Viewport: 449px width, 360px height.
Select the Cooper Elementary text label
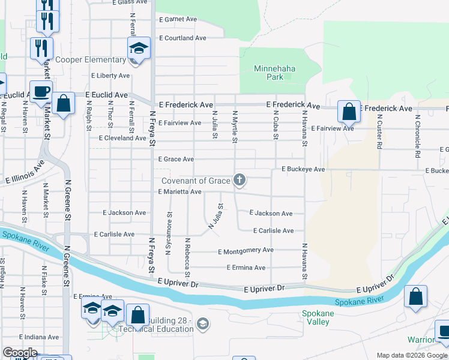(x=90, y=60)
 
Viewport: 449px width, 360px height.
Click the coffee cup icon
(x=41, y=91)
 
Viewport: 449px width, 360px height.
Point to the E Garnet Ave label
(x=178, y=19)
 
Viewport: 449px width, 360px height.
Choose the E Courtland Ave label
(x=182, y=38)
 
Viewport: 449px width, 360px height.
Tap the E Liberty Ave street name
(x=110, y=76)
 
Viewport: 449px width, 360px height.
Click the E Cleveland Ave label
(x=122, y=137)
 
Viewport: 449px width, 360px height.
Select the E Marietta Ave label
(x=179, y=192)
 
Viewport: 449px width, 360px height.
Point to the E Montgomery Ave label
(x=246, y=250)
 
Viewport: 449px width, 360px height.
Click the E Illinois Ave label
(x=25, y=171)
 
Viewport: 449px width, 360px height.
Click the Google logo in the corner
(x=20, y=353)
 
